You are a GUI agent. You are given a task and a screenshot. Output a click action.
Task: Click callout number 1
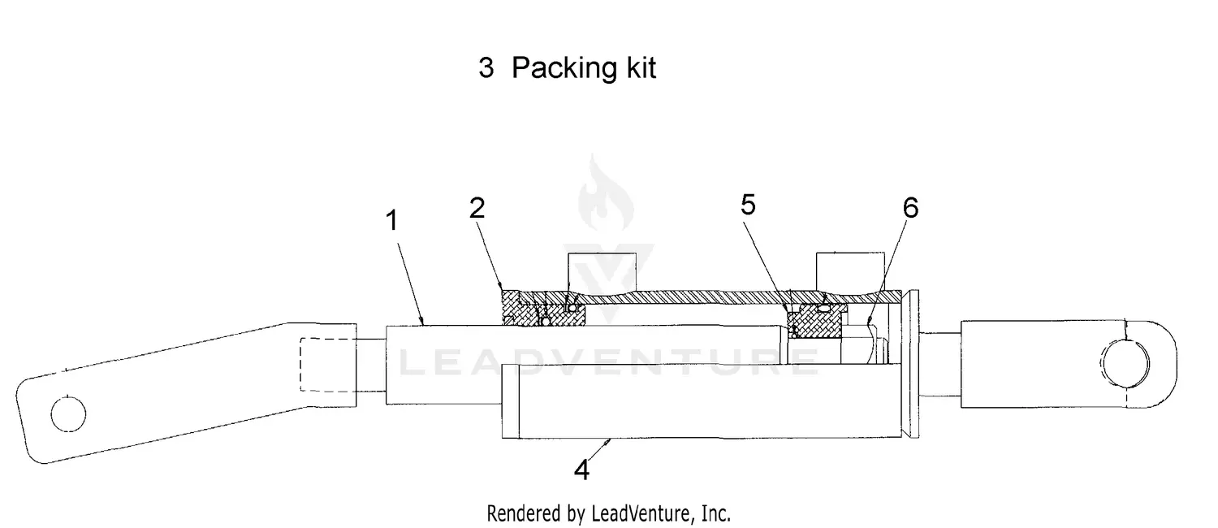391,220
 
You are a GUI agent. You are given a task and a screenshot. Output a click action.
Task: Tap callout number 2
477,208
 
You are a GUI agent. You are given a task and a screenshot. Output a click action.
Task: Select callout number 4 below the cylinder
581,470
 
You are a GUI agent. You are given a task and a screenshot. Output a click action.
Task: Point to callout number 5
748,205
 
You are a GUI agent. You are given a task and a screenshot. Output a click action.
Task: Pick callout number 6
910,208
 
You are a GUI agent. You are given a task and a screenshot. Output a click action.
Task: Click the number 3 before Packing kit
486,68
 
